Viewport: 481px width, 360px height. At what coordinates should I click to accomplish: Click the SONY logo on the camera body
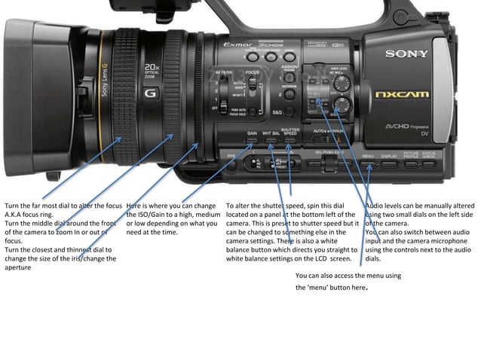click(407, 53)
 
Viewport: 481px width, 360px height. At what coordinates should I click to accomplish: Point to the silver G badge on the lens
click(149, 95)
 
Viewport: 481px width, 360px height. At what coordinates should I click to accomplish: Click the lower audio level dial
click(343, 105)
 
